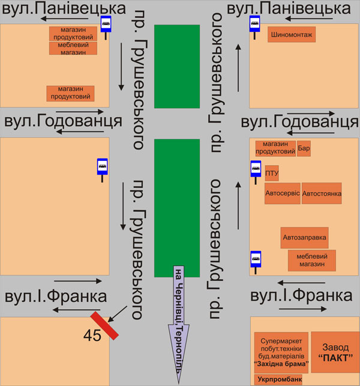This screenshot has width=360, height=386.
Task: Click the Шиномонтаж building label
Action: click(292, 35)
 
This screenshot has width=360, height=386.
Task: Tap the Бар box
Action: click(304, 148)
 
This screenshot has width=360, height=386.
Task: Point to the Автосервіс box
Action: click(282, 194)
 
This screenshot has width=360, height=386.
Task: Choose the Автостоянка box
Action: click(321, 194)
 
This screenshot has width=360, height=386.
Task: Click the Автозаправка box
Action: click(305, 237)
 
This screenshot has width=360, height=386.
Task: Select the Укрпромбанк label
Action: click(278, 379)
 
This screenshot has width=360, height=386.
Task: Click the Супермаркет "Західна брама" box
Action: click(281, 351)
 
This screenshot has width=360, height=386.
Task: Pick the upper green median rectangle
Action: click(176, 66)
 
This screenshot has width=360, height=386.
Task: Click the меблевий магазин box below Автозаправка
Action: click(312, 260)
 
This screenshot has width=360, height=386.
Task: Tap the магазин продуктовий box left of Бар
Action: click(275, 148)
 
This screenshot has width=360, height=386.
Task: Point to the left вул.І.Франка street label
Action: click(56, 296)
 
